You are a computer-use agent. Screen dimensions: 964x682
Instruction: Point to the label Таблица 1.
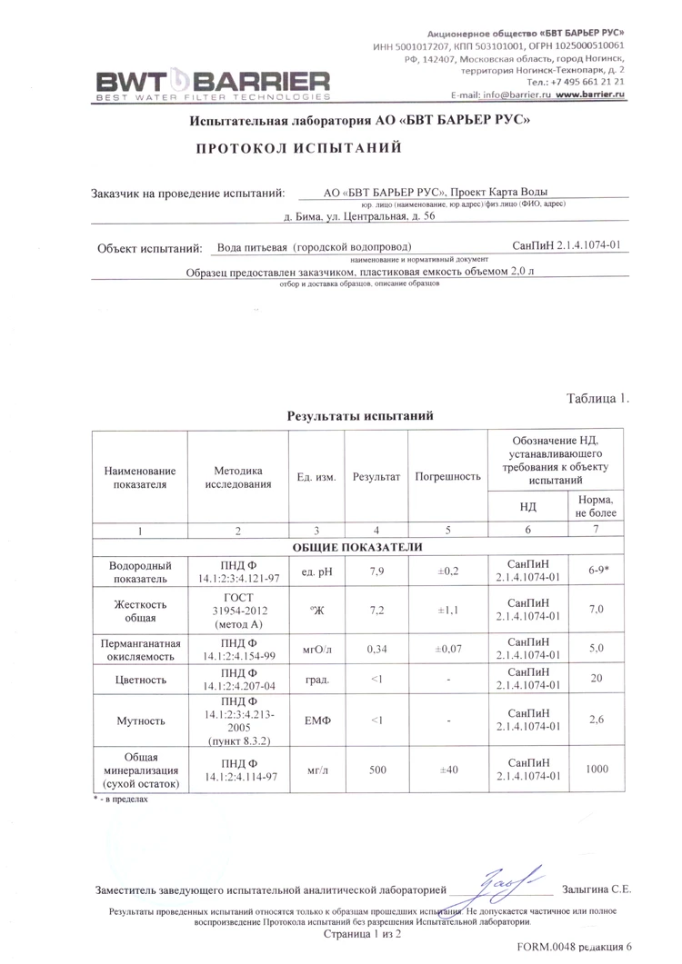pos(597,399)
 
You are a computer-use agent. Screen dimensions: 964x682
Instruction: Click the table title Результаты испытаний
pos(359,415)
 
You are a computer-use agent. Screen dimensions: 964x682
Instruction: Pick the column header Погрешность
pos(447,476)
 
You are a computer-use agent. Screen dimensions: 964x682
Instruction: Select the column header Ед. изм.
pos(316,477)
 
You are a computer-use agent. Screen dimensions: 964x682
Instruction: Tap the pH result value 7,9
pos(376,571)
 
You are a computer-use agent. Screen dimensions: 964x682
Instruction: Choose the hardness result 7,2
pos(376,611)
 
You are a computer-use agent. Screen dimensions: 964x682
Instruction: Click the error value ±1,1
pos(447,611)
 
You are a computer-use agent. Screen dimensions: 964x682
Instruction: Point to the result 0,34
pos(376,650)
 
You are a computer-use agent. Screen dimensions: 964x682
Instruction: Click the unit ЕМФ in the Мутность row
pos(316,721)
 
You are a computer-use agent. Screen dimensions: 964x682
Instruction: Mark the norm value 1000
pos(597,770)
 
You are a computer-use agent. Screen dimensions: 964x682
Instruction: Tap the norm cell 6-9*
pos(597,571)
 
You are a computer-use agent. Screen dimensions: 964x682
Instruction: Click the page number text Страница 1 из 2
pos(362,933)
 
